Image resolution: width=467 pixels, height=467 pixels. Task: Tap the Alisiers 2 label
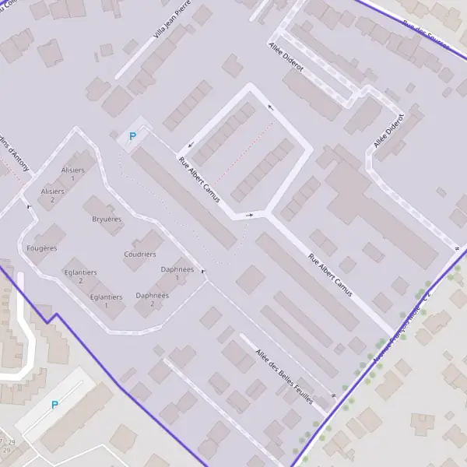tap(52, 195)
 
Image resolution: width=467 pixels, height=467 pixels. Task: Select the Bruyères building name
tap(107, 219)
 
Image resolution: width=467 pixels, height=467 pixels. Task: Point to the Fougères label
tap(41, 248)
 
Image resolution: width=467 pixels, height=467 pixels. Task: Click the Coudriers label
tap(140, 255)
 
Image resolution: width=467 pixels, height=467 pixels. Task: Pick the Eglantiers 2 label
tap(81, 276)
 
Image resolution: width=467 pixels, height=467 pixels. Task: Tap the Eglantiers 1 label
tap(106, 300)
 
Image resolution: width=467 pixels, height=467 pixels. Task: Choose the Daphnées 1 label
tap(177, 272)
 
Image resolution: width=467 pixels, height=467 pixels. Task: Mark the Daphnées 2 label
tap(152, 299)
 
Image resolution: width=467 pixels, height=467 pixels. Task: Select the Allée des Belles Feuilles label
tap(284, 376)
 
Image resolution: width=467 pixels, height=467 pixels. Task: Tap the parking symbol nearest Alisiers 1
tap(132, 136)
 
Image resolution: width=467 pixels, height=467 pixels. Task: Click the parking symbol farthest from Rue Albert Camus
tap(54, 405)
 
